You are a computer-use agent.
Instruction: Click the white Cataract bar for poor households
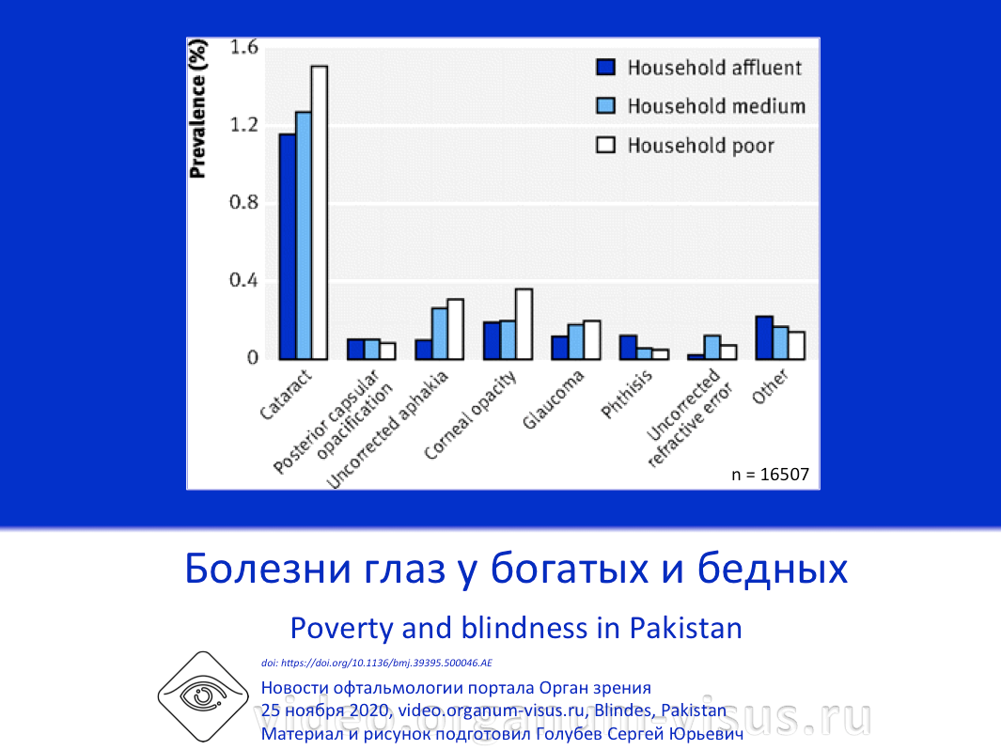pyautogui.click(x=320, y=212)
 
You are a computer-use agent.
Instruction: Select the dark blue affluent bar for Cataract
pyautogui.click(x=287, y=246)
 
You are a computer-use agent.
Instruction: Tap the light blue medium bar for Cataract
pyautogui.click(x=303, y=235)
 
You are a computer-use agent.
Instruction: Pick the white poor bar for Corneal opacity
pyautogui.click(x=524, y=324)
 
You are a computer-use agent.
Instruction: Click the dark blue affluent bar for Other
pyautogui.click(x=764, y=337)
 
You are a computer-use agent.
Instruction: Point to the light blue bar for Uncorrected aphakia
pyautogui.click(x=439, y=333)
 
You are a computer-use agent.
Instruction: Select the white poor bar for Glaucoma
pyautogui.click(x=591, y=339)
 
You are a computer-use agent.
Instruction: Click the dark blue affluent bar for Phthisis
pyautogui.click(x=628, y=347)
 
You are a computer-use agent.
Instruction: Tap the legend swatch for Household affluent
pyautogui.click(x=606, y=68)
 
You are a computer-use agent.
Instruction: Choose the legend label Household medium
pyautogui.click(x=716, y=106)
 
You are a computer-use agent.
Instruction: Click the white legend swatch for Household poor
pyautogui.click(x=606, y=146)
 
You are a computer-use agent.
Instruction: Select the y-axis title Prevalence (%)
pyautogui.click(x=198, y=113)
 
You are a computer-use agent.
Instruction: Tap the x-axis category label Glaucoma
pyautogui.click(x=555, y=399)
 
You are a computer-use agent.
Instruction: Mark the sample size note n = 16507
pyautogui.click(x=770, y=475)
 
